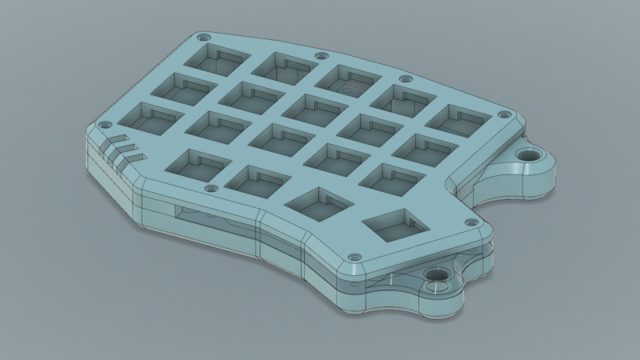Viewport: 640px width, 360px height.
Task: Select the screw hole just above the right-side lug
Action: click(503, 114)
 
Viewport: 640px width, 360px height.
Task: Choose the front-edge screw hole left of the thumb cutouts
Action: click(212, 189)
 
